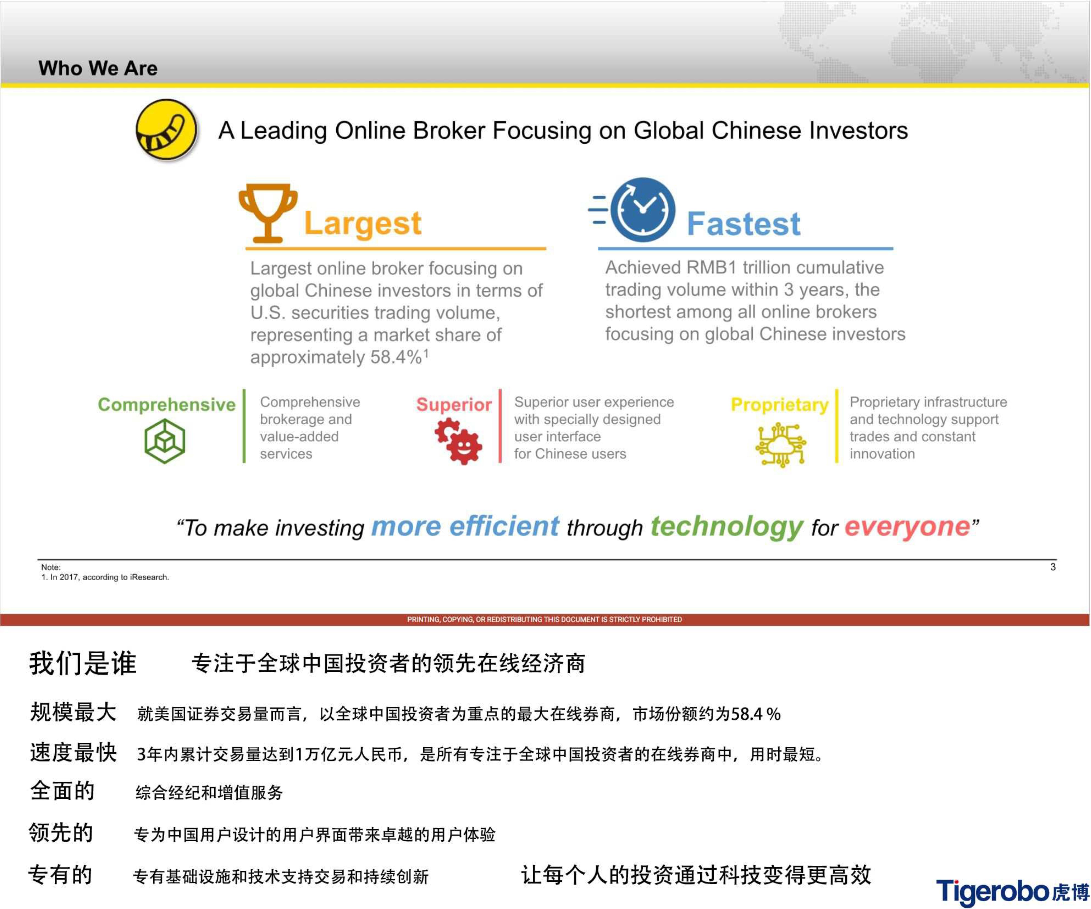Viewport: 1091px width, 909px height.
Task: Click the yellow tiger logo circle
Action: pyautogui.click(x=166, y=130)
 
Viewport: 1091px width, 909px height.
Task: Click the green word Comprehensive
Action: pyautogui.click(x=167, y=405)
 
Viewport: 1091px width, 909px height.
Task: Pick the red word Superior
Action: pyautogui.click(x=454, y=405)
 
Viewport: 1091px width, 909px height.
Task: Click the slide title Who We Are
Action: pyautogui.click(x=98, y=68)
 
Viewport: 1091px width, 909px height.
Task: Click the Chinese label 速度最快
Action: pyautogui.click(x=73, y=753)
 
